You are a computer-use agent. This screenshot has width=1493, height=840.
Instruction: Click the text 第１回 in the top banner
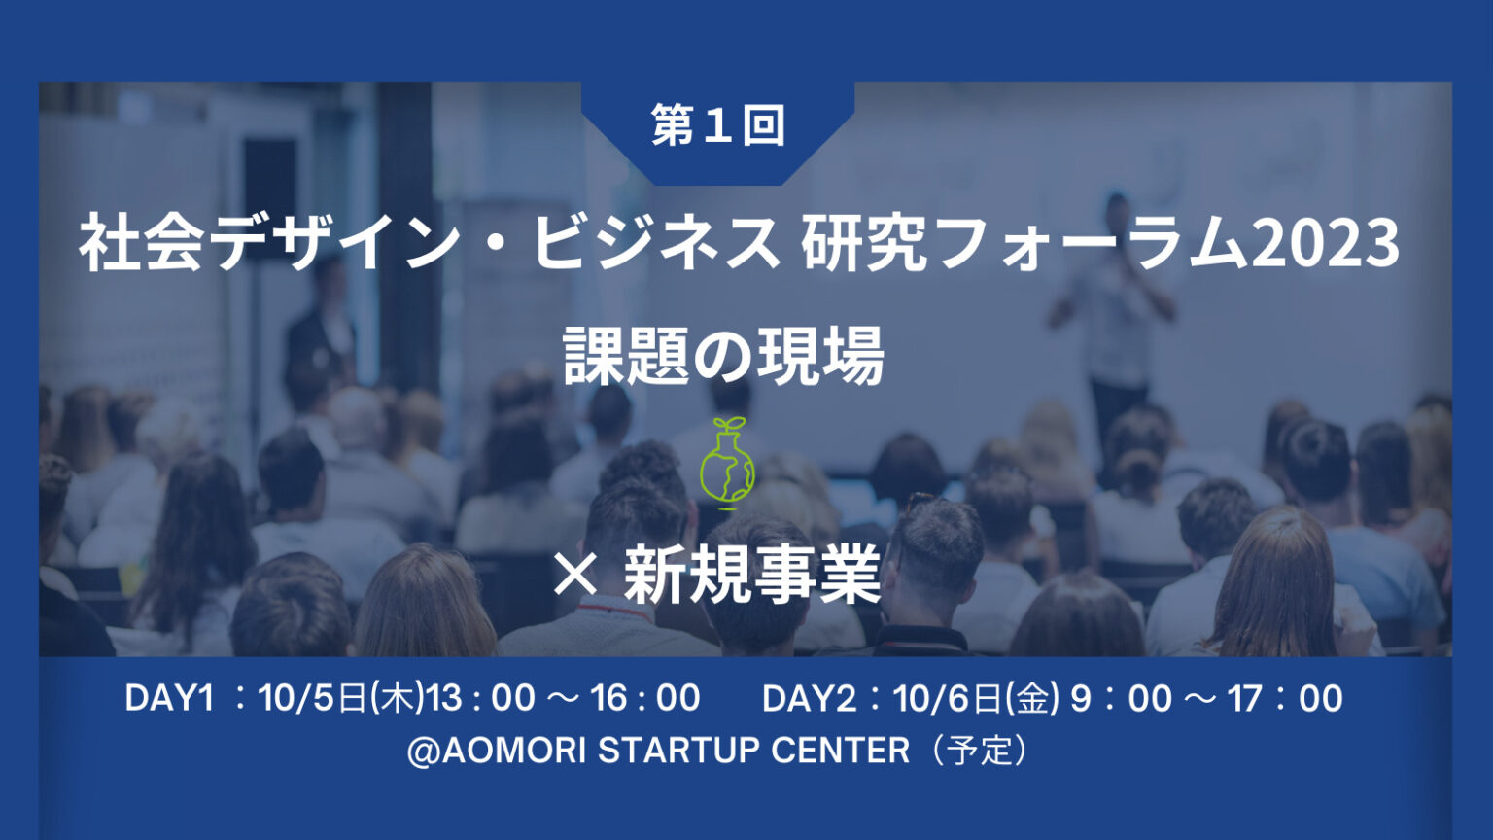tap(718, 124)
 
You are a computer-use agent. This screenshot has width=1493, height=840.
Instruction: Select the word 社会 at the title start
tap(141, 243)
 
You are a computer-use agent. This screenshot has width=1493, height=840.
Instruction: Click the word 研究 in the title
tap(864, 243)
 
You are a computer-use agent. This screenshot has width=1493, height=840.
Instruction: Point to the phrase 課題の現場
tap(724, 356)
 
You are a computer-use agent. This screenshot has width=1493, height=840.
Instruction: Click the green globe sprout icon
tap(727, 464)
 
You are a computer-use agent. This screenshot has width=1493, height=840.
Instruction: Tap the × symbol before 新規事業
tap(575, 577)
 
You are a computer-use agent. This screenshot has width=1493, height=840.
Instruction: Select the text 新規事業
tap(752, 574)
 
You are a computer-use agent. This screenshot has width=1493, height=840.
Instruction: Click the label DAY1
tap(169, 699)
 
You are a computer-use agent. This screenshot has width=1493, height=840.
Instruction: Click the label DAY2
tap(809, 699)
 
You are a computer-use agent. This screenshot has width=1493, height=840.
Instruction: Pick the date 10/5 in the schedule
tap(295, 699)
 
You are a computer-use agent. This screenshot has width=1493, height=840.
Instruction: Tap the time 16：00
tap(645, 699)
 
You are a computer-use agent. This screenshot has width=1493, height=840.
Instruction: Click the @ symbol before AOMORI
tap(423, 752)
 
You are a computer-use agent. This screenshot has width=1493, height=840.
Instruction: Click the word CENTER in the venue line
tap(840, 751)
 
